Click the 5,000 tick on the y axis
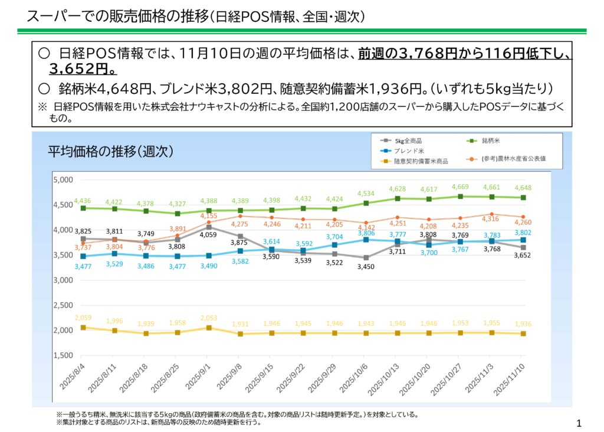63,180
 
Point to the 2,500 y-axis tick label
63,306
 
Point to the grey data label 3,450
366,267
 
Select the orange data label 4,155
209,215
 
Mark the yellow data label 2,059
83,318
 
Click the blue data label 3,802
523,233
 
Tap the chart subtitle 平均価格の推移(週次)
110,152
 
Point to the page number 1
579,423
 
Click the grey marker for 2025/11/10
523,247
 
